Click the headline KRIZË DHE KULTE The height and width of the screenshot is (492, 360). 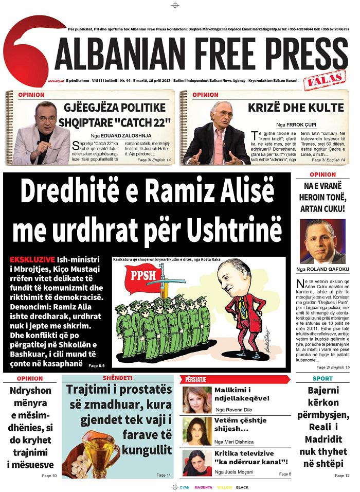[295, 108]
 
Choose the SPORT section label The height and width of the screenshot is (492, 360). [322, 379]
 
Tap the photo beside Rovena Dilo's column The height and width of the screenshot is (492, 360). [197, 400]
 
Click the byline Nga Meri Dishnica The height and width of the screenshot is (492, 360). [235, 442]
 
